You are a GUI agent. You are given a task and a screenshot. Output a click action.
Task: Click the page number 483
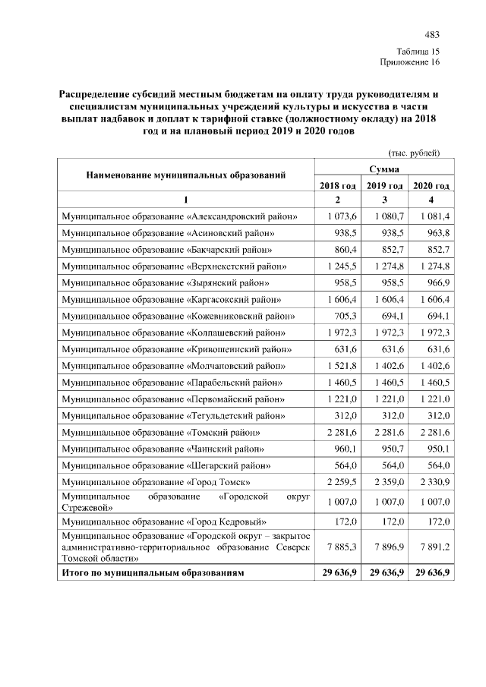pyautogui.click(x=432, y=35)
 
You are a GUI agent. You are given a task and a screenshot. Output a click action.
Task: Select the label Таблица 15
pyautogui.click(x=418, y=51)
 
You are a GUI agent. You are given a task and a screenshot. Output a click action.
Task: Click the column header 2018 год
pyautogui.click(x=338, y=185)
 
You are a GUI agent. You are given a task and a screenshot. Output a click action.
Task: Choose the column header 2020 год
pyautogui.click(x=431, y=185)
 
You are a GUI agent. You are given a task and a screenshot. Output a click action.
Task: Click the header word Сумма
pyautogui.click(x=384, y=169)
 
